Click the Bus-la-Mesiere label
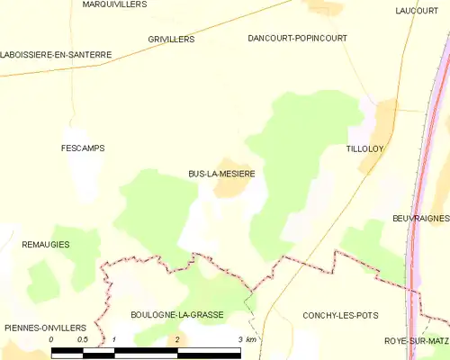pos(220,175)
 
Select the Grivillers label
pos(171,40)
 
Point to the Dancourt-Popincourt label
pos(297,39)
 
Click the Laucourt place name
pos(416,11)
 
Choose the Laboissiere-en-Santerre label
pos(56,55)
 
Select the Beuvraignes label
pos(420,219)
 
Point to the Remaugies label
pos(46,245)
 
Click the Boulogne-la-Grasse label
pos(176,315)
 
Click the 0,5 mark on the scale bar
pos(83,339)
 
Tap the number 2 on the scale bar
pos(177,339)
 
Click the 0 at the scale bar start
pos(52,339)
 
